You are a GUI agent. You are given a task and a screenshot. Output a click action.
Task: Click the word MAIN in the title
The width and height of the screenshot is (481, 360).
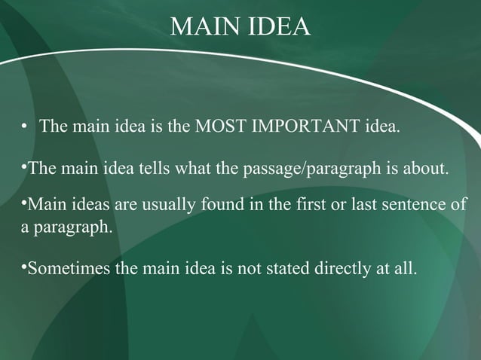pyautogui.click(x=201, y=27)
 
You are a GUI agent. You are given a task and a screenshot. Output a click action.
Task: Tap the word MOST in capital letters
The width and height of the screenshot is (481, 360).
pyautogui.click(x=219, y=125)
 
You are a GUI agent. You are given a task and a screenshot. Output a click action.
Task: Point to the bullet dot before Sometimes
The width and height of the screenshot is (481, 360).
pyautogui.click(x=24, y=266)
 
